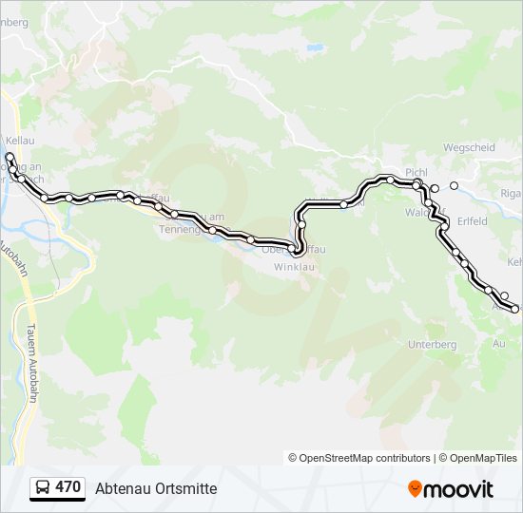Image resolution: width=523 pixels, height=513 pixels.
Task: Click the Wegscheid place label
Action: (x=469, y=148)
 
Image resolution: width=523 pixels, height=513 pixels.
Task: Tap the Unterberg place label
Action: (x=432, y=344)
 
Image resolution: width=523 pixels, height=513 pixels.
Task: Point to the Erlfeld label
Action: (x=472, y=222)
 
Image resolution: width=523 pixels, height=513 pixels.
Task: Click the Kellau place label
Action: (x=19, y=141)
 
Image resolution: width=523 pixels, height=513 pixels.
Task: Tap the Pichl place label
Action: (x=417, y=172)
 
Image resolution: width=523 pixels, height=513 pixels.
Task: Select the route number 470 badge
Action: (x=68, y=487)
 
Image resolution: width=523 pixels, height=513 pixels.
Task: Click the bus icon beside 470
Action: (x=43, y=488)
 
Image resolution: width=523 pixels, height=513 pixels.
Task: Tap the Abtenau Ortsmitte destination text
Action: (x=156, y=488)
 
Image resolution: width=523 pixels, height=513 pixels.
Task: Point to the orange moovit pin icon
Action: (x=415, y=489)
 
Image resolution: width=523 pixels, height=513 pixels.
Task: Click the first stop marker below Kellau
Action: (x=10, y=156)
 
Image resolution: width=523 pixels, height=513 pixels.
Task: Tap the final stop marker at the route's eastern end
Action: (x=515, y=309)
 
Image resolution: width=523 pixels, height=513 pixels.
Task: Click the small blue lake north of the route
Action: (x=312, y=46)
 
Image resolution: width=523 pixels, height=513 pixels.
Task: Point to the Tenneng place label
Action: (x=180, y=229)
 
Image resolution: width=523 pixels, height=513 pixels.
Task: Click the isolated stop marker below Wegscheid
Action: (x=455, y=185)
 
